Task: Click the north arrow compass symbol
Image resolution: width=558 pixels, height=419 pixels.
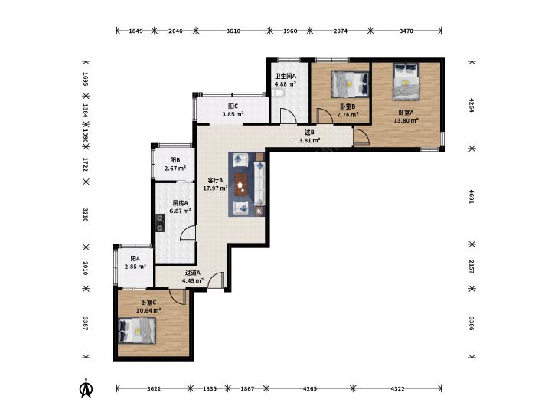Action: (86, 388)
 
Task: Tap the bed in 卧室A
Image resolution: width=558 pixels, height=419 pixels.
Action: (406, 82)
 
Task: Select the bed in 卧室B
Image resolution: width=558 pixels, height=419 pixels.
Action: (350, 84)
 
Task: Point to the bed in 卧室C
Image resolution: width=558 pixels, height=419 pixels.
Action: (137, 331)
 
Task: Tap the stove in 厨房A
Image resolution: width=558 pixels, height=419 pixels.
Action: (161, 222)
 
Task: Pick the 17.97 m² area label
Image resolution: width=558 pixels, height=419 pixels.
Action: (215, 188)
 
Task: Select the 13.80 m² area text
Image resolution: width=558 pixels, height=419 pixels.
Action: (406, 121)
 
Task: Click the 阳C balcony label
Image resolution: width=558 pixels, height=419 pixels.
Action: (233, 106)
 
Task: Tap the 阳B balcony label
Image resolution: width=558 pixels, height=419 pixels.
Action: (175, 160)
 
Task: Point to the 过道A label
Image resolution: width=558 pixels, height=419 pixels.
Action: (193, 273)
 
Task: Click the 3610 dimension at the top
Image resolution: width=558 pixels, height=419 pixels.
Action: (233, 31)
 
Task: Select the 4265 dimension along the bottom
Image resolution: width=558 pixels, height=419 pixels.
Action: (309, 388)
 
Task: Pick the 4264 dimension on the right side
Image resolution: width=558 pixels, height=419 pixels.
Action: (472, 105)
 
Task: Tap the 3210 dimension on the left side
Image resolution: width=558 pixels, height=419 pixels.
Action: (86, 214)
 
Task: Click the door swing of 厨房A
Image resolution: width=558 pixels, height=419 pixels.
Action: (188, 233)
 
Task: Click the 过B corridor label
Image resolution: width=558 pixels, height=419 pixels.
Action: (309, 133)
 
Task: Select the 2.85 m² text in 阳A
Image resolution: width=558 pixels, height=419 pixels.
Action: (135, 267)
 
